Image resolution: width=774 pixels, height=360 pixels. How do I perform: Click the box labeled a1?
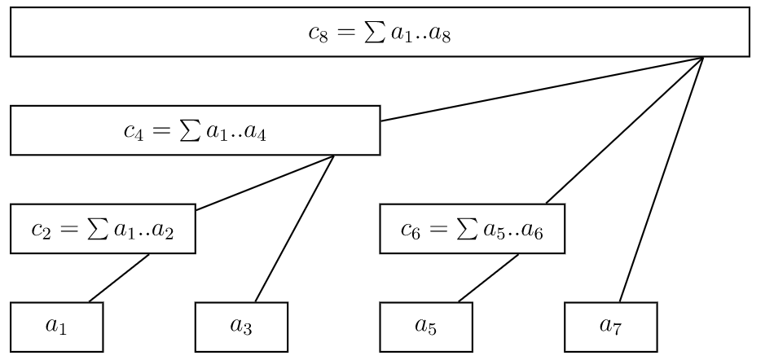pyautogui.click(x=56, y=327)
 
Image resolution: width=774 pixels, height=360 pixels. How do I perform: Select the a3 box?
pyautogui.click(x=241, y=327)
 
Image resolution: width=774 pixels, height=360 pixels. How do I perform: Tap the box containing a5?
pyautogui.click(x=425, y=327)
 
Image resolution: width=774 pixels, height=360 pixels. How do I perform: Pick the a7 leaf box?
pyautogui.click(x=610, y=327)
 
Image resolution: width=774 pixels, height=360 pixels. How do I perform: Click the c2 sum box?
pyautogui.click(x=103, y=229)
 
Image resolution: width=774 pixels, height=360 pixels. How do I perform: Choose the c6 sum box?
pyautogui.click(x=472, y=229)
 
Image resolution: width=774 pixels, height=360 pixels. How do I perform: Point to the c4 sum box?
pyautogui.click(x=195, y=130)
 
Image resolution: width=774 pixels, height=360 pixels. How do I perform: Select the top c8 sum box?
pyautogui.click(x=380, y=33)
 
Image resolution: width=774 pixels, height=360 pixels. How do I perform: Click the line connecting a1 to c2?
pyautogui.click(x=119, y=278)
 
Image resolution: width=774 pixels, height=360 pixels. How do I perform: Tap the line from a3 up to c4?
pyautogui.click(x=295, y=228)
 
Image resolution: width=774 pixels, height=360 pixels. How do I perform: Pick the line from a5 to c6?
pyautogui.click(x=488, y=278)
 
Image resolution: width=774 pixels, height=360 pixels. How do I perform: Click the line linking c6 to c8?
pyautogui.click(x=624, y=130)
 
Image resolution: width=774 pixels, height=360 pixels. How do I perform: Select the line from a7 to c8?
pyautogui.click(x=661, y=179)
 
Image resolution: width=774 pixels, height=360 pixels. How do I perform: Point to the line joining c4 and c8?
pyautogui.click(x=541, y=89)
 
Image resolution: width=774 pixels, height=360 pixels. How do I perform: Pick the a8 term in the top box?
pyautogui.click(x=441, y=36)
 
